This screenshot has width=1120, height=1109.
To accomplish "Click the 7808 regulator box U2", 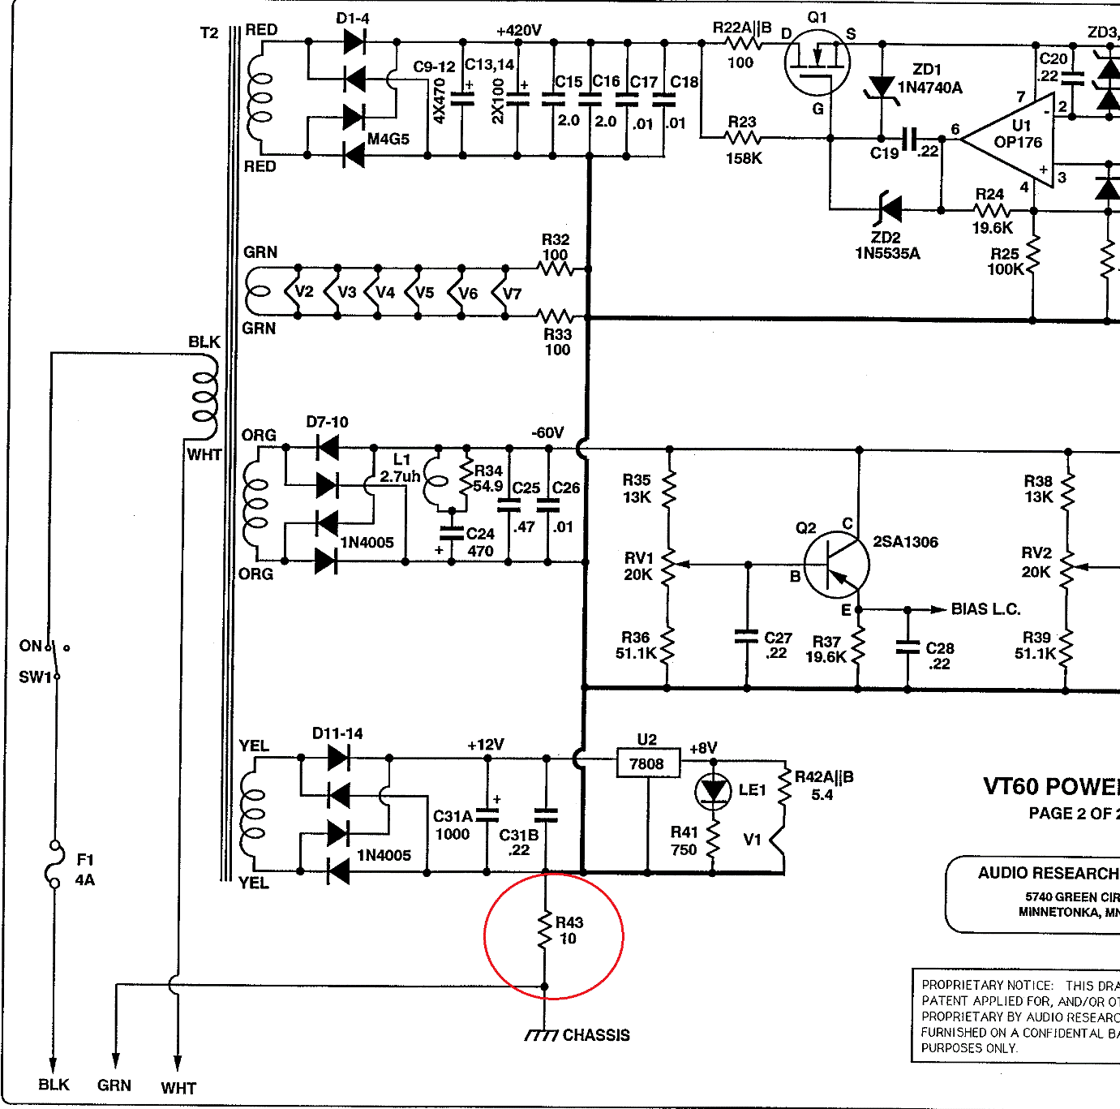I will (x=647, y=763).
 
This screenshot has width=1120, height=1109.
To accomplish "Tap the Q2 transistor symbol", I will (x=836, y=565).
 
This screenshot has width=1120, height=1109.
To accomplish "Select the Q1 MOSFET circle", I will (x=817, y=62).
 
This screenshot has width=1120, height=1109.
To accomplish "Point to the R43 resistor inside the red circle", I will (x=545, y=931).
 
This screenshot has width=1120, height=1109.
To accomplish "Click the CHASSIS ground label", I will (x=596, y=1035).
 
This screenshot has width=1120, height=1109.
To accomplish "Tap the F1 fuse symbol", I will (x=54, y=866).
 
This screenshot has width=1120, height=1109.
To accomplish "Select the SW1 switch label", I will (x=35, y=677).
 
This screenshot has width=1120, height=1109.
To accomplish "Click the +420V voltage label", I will (x=519, y=31).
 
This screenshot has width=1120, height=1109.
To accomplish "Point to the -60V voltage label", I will (x=547, y=432).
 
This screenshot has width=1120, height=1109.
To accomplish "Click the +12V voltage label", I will (x=486, y=745).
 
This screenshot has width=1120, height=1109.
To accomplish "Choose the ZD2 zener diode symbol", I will (x=890, y=209).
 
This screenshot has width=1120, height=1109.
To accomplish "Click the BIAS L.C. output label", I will (x=985, y=608).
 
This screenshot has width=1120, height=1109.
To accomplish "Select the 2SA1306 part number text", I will (x=905, y=542).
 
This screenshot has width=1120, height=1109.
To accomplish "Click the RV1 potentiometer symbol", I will (x=669, y=565).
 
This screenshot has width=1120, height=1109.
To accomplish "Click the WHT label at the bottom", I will (x=178, y=1088).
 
